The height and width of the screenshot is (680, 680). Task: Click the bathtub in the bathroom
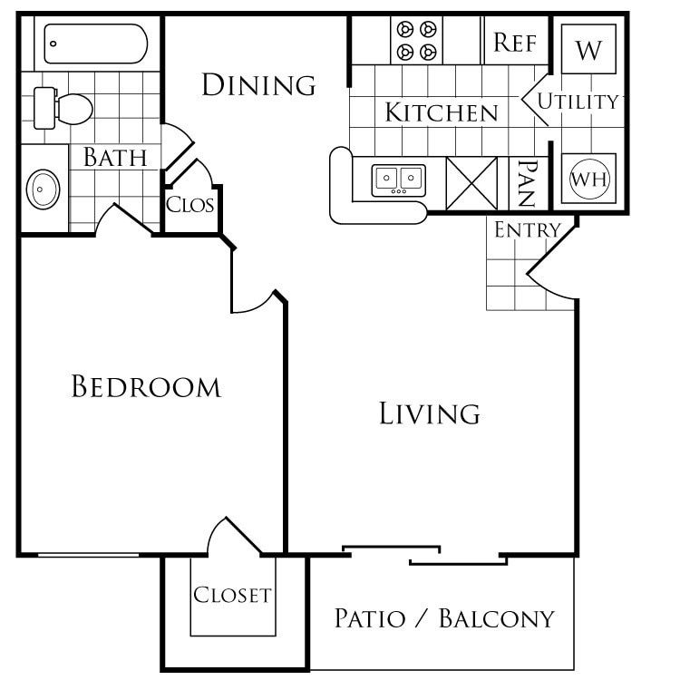94,43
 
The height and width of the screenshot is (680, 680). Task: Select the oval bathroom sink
43,190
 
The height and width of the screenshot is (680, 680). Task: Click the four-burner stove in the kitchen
415,40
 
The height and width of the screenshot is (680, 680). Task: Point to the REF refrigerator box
515,43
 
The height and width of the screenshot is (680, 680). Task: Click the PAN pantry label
528,183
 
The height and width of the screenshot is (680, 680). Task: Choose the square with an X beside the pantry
472,183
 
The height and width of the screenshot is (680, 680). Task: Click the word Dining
258,85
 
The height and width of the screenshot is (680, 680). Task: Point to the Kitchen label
442,112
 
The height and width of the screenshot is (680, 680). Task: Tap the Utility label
578,102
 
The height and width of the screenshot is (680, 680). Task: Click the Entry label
527,230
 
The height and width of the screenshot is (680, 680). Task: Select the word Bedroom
146,387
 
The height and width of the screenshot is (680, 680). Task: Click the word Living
429,413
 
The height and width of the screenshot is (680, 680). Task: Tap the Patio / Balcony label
443,619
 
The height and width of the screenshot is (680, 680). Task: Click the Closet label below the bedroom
232,595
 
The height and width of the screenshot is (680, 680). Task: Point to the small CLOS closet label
190,204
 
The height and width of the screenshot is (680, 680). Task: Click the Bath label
115,157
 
